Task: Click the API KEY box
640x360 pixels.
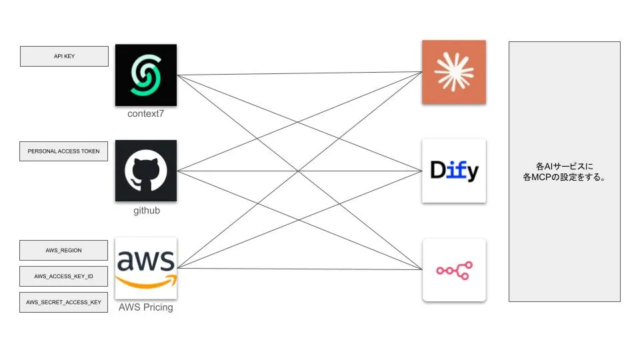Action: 64,56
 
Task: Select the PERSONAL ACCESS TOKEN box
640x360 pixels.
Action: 64,151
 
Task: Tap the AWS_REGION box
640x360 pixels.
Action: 64,250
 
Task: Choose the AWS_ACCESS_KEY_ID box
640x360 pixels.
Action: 64,275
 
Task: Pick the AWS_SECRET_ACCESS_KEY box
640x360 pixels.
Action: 64,302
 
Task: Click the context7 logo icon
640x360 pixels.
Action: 146,75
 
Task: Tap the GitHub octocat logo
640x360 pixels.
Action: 146,171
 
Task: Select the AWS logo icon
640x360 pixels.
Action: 146,268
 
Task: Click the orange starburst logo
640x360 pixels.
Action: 454,72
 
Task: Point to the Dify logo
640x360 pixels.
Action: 454,171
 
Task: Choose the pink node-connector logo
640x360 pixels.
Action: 454,270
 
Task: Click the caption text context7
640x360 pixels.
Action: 146,113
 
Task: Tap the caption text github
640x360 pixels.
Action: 146,211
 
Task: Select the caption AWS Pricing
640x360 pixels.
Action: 146,307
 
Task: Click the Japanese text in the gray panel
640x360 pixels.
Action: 565,172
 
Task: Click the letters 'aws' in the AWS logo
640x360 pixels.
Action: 146,261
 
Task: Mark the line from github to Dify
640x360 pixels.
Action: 300,171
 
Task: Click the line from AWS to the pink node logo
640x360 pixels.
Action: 300,269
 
